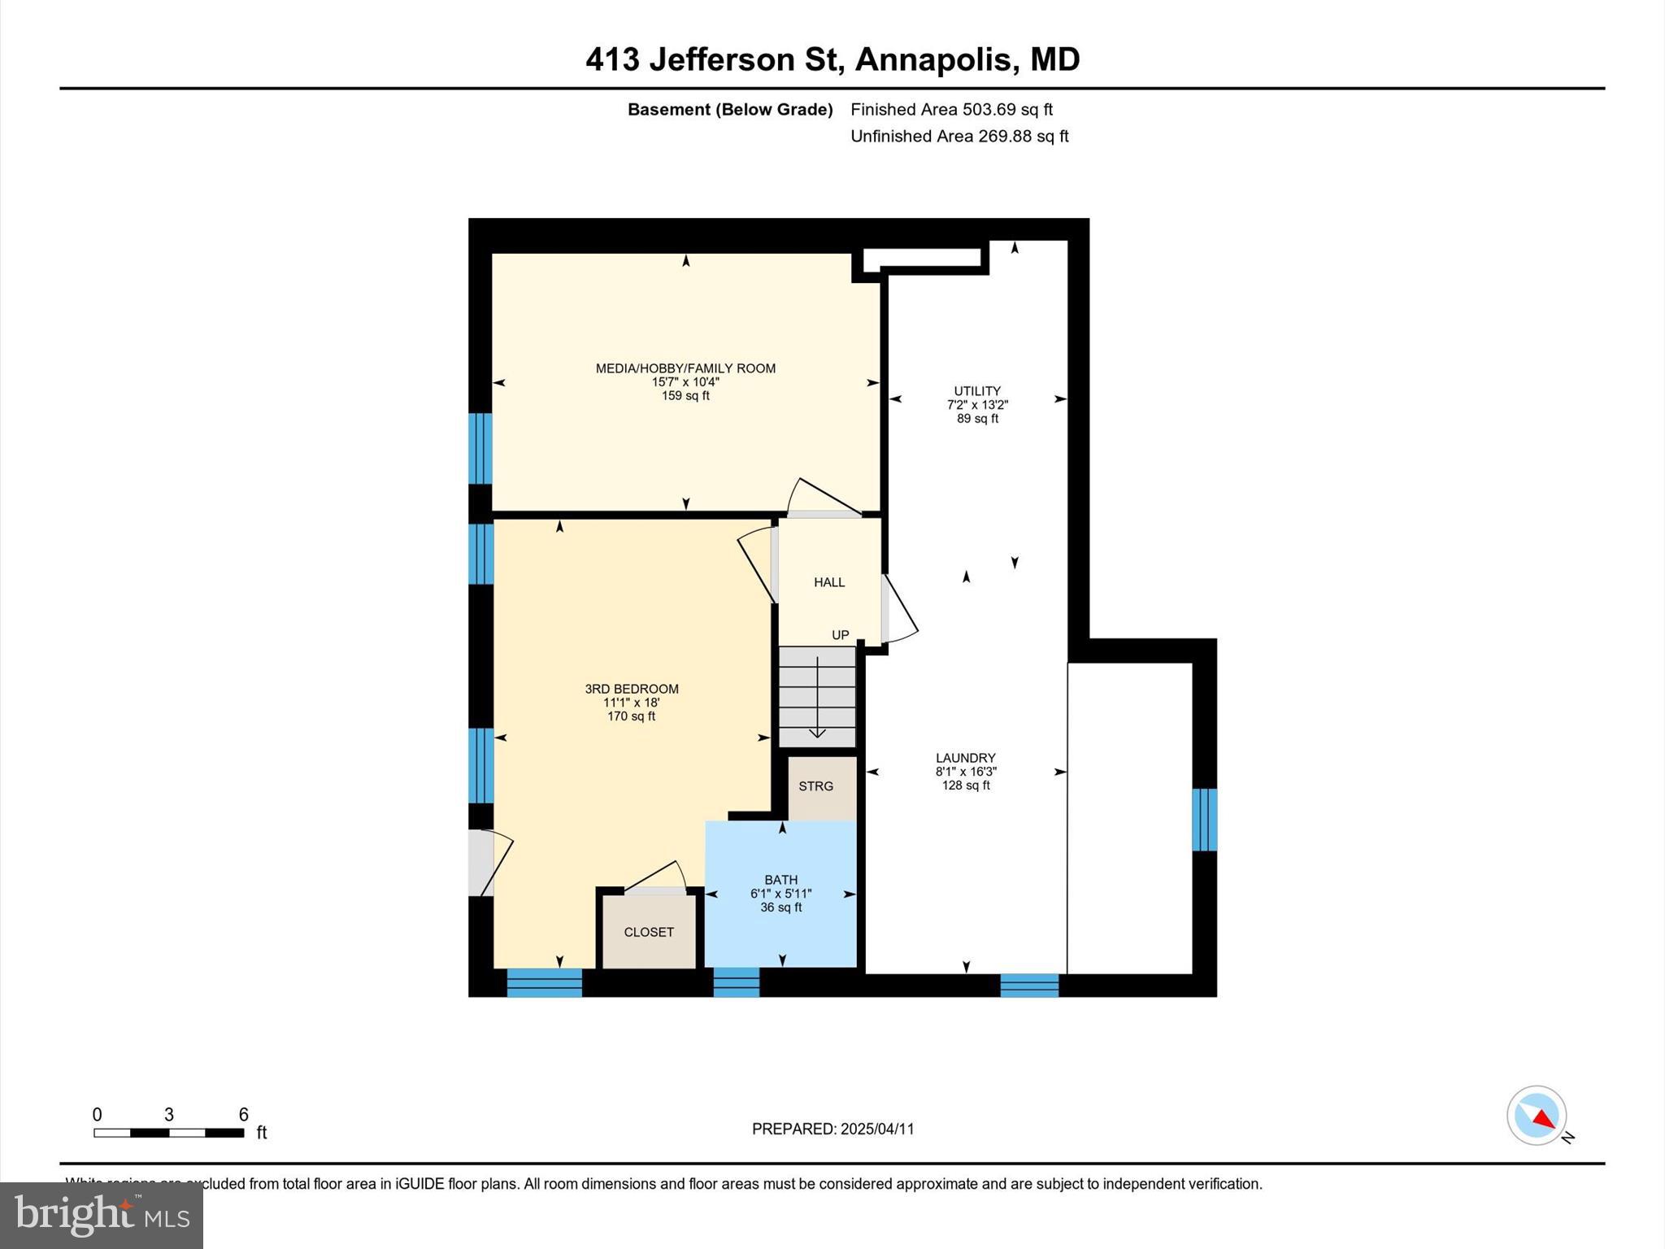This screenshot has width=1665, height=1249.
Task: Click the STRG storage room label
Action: click(x=815, y=786)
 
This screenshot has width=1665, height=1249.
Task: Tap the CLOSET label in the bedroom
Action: click(x=649, y=932)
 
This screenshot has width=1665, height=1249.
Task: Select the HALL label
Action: click(x=829, y=582)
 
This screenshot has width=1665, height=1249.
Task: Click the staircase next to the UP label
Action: click(x=817, y=696)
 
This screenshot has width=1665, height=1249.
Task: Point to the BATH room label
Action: click(x=780, y=880)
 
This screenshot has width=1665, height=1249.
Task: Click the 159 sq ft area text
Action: click(x=685, y=396)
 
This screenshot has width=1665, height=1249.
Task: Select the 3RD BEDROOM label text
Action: click(x=632, y=689)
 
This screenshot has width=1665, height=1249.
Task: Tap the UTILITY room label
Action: click(x=977, y=391)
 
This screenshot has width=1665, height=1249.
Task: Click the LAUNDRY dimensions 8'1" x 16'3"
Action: click(x=966, y=772)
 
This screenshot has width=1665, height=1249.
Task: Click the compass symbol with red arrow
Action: click(x=1537, y=1116)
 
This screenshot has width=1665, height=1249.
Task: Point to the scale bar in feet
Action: click(x=169, y=1132)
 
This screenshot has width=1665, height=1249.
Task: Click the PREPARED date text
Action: click(x=832, y=1129)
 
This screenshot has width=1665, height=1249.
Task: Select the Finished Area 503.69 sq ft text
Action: click(x=951, y=109)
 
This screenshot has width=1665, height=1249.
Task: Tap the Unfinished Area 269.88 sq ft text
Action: click(x=959, y=136)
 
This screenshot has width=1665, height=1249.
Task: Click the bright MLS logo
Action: click(x=102, y=1216)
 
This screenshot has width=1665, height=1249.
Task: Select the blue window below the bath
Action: click(x=736, y=982)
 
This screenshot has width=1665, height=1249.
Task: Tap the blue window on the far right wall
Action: click(x=1204, y=820)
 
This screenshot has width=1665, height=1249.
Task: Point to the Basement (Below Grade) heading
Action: click(x=729, y=109)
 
